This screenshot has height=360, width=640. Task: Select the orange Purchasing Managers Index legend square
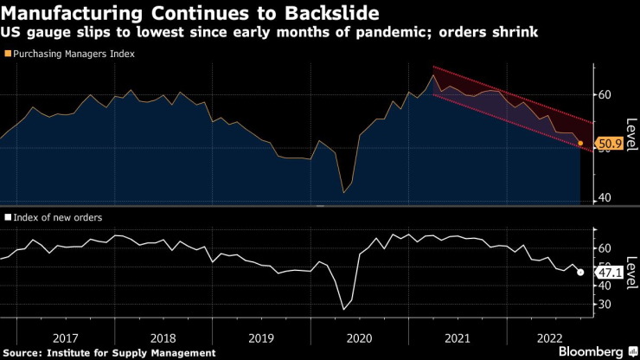coord(9,54)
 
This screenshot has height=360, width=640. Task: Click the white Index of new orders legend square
coord(9,217)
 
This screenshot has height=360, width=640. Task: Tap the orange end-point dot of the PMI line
coord(580,143)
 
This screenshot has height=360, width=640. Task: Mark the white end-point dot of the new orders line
coord(580,272)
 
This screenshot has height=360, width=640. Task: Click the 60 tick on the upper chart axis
coord(605,94)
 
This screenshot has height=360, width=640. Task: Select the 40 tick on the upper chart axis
coord(605,197)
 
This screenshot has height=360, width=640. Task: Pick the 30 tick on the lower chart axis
coord(605,305)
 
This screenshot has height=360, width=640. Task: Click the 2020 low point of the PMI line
coord(344,192)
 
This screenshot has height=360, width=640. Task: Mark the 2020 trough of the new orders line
coord(344,309)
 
